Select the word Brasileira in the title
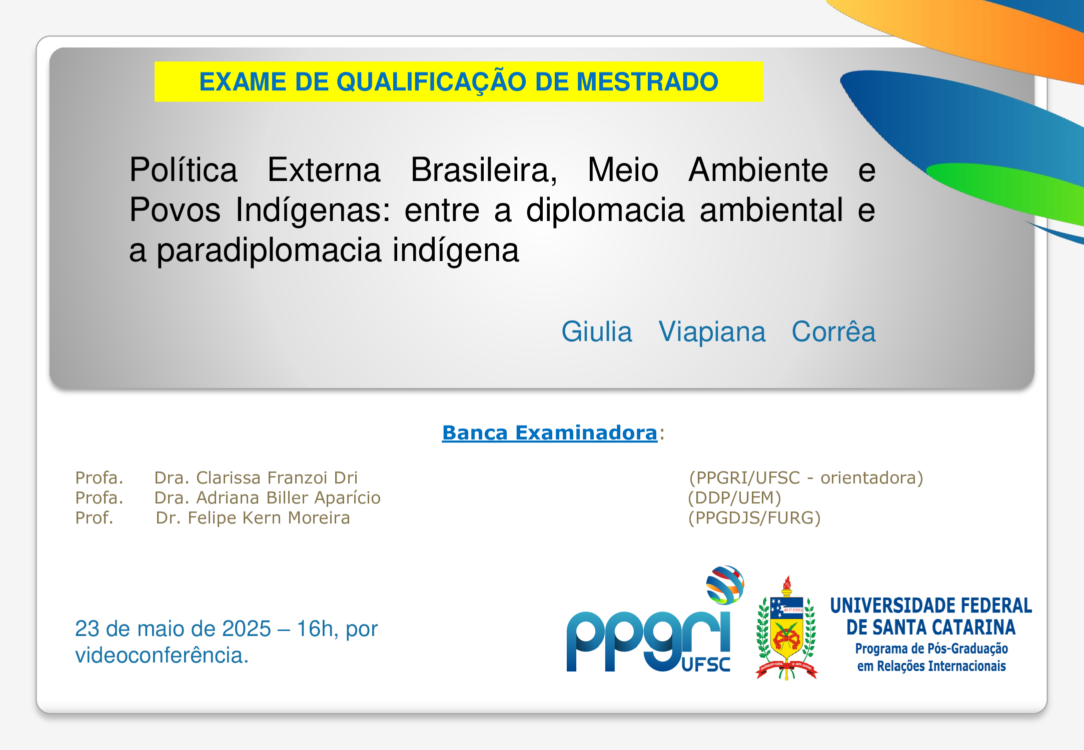484,170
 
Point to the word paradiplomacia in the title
269,250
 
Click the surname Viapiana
712,332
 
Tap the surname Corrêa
833,331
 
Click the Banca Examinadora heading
550,432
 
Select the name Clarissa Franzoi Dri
277,477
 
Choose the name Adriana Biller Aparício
288,497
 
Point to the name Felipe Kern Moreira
269,517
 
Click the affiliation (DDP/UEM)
734,497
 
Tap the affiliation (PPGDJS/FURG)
754,517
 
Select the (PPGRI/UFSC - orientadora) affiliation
806,477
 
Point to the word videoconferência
162,655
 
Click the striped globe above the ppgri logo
725,584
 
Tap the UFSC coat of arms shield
787,627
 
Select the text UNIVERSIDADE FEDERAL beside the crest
931,605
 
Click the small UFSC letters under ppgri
706,664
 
